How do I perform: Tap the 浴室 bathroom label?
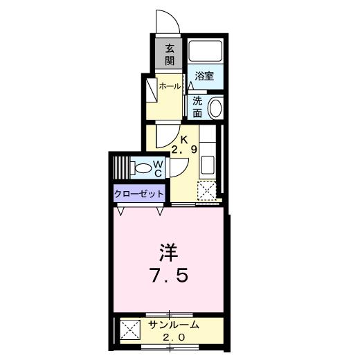point(204,77)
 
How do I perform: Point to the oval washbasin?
point(215,108)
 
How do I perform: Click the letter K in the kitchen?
point(184,138)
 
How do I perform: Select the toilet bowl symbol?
point(143,167)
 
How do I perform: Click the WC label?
point(158,167)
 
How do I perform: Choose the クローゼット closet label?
point(140,195)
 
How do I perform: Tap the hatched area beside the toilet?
point(121,168)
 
